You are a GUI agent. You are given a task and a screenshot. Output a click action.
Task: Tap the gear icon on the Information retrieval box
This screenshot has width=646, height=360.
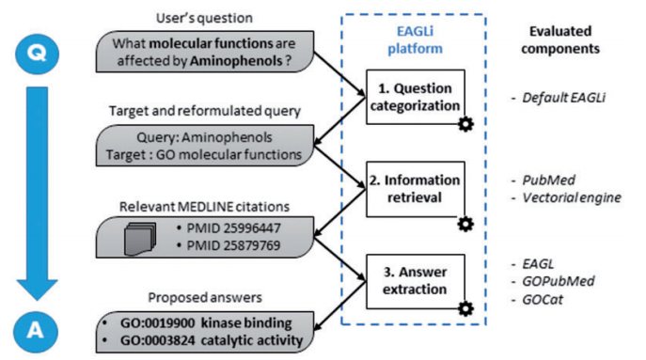(465, 224)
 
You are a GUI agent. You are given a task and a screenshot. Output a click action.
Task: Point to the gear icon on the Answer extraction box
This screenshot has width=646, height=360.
(465, 308)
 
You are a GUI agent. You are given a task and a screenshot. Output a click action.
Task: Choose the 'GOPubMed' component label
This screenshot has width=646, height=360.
(562, 280)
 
